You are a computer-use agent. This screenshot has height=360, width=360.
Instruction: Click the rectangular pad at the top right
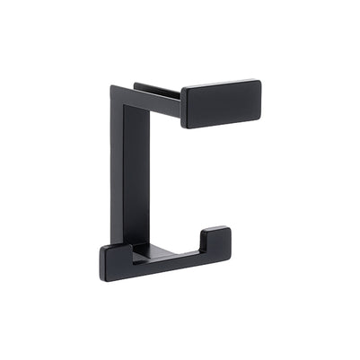point(221,103)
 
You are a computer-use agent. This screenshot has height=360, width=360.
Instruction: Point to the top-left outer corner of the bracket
point(113,88)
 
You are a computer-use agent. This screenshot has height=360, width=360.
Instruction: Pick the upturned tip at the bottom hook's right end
point(216,241)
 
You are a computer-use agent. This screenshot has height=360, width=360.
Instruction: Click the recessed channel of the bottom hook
point(166,256)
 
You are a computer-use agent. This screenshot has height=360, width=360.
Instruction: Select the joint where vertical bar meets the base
point(135,245)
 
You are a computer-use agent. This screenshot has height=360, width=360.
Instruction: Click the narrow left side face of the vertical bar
point(116,171)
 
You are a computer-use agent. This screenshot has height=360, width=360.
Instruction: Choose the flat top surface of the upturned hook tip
point(216,231)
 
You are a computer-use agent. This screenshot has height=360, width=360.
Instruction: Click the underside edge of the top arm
point(162,116)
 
